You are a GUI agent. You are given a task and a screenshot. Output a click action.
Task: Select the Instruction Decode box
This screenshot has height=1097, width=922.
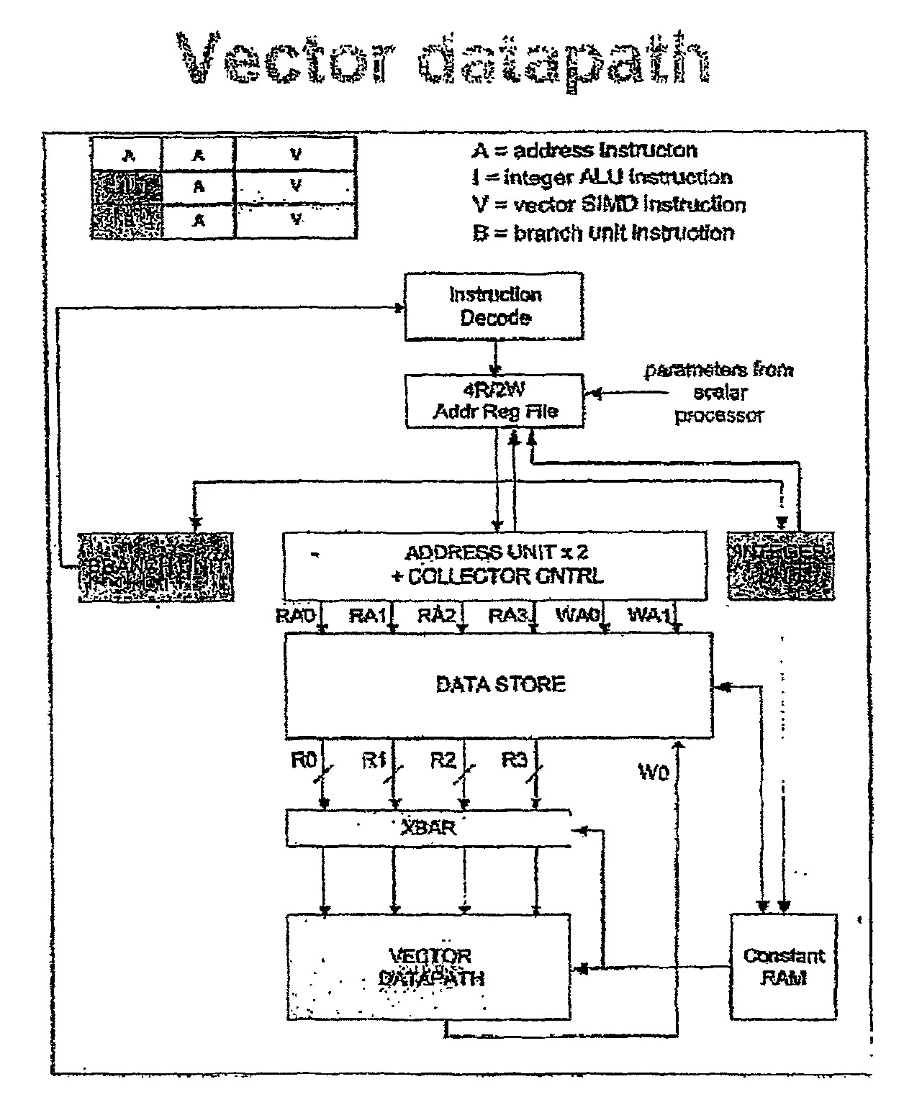(494, 306)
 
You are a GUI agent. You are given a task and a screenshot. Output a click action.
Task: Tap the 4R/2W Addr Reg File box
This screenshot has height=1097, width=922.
(494, 401)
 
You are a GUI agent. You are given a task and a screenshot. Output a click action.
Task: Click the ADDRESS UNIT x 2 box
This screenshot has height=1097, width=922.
(495, 565)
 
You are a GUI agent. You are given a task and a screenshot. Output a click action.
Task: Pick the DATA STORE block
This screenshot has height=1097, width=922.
(499, 684)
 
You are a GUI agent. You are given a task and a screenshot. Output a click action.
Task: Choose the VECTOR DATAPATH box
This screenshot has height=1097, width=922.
(429, 967)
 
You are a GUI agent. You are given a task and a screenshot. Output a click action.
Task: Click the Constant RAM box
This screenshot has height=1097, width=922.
(783, 967)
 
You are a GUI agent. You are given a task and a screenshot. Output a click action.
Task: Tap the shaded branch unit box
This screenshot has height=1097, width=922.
(155, 567)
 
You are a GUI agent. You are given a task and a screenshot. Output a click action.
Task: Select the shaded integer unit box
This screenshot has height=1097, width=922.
(781, 566)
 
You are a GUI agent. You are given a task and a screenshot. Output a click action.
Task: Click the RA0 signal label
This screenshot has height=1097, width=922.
(295, 616)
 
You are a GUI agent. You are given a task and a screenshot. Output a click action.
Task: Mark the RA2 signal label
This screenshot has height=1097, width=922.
(436, 616)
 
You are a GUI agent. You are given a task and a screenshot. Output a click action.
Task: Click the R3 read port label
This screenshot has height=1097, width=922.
(514, 761)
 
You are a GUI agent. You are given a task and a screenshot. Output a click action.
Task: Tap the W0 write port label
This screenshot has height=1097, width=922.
(654, 773)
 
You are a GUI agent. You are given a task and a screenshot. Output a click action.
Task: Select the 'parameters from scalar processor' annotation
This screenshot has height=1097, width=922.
(718, 393)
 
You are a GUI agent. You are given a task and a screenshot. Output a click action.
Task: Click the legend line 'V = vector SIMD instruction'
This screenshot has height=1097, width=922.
(609, 205)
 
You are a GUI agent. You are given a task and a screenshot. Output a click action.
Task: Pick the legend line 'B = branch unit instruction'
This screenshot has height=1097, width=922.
(603, 233)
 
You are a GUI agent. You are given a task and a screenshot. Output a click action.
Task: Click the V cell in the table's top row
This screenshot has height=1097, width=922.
(296, 154)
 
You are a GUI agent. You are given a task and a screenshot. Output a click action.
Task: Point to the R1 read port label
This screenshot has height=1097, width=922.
(374, 761)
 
